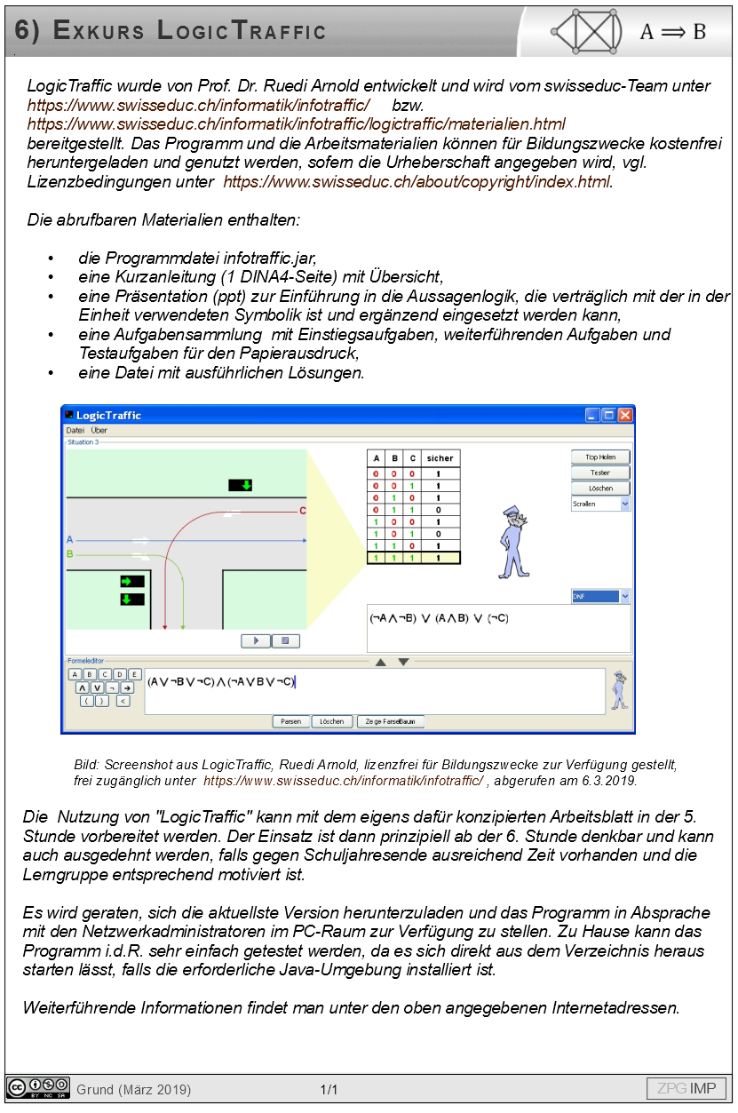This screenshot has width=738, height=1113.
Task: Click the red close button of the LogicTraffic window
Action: tap(625, 415)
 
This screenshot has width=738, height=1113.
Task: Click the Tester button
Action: tap(599, 473)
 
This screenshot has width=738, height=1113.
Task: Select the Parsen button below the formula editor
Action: tap(290, 721)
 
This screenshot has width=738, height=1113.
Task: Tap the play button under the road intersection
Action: tap(256, 640)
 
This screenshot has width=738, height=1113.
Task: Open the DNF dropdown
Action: tap(600, 597)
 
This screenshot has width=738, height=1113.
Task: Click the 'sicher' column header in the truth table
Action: tap(440, 458)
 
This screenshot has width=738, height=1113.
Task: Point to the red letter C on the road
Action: tap(303, 511)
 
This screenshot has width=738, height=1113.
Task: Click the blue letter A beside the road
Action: tap(70, 539)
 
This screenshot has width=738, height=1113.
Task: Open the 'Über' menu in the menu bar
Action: tap(99, 431)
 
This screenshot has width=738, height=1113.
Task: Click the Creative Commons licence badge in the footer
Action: tap(38, 1088)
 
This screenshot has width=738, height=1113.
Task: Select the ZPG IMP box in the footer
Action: tap(686, 1088)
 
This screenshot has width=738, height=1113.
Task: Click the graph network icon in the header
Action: tap(587, 32)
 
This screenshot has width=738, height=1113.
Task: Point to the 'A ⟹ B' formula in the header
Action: tap(672, 32)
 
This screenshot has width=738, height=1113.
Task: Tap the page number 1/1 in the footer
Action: tap(329, 1089)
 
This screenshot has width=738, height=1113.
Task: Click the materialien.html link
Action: tap(296, 124)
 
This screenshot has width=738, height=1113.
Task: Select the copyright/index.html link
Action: tap(417, 182)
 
